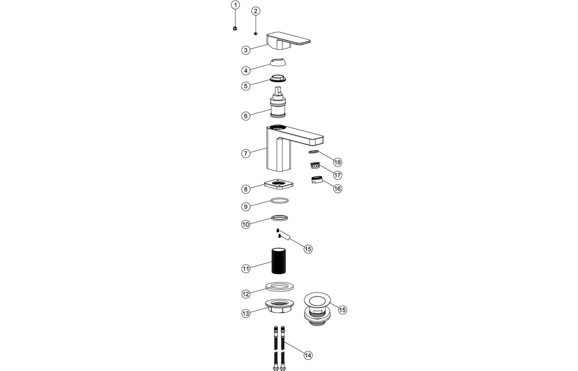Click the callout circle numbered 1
click(235, 5)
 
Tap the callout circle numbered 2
click(255, 11)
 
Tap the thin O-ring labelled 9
click(280, 200)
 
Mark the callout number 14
click(308, 355)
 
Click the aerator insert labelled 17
click(314, 165)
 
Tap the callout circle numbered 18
click(338, 162)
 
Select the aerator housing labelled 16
click(315, 180)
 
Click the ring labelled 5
click(278, 78)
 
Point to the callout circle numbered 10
click(245, 225)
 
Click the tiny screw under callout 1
click(235, 28)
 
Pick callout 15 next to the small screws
click(308, 248)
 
